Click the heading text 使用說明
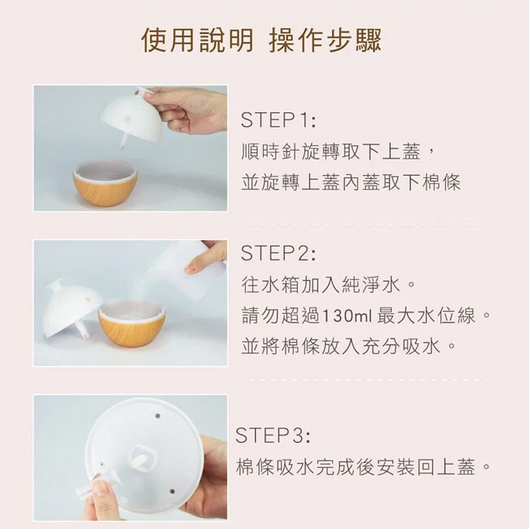tap(197, 40)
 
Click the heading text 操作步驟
tap(326, 40)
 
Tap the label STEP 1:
tap(278, 120)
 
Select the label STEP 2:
tap(278, 253)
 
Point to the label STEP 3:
tap(273, 435)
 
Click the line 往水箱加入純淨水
tap(321, 285)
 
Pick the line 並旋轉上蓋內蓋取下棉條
tap(351, 182)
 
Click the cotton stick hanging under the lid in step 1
tap(124, 142)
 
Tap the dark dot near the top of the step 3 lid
tap(158, 417)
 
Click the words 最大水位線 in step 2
tap(426, 316)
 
